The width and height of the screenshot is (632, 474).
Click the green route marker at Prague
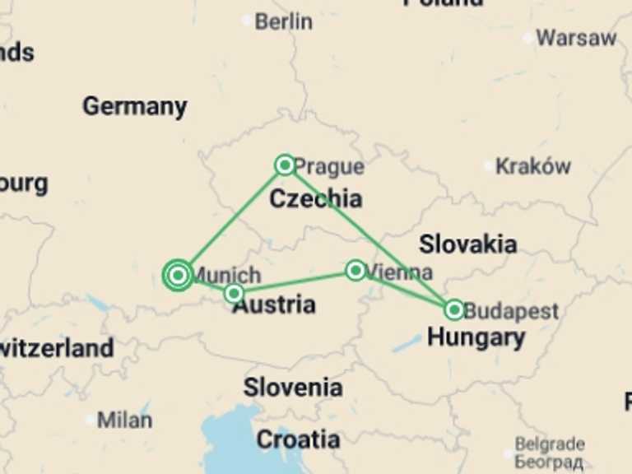[x=285, y=165]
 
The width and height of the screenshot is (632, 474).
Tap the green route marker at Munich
[x=178, y=275]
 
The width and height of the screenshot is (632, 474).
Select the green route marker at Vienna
[x=355, y=270]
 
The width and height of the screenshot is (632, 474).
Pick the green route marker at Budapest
[x=454, y=309]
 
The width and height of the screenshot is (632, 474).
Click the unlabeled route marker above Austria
[x=234, y=293]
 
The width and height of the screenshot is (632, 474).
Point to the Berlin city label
[x=283, y=21]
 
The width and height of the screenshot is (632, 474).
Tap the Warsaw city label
[x=576, y=38]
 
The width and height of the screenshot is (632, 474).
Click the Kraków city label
[x=533, y=166]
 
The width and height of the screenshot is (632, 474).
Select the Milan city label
[x=124, y=420]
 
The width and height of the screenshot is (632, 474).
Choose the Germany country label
[x=134, y=106]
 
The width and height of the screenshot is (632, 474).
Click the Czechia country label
[x=316, y=198]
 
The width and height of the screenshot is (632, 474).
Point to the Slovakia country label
[x=468, y=244]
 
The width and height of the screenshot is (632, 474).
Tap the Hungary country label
[x=476, y=337]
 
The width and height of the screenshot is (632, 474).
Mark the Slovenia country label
[x=292, y=386]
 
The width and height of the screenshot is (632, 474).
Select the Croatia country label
[x=298, y=439]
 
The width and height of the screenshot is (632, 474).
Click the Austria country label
[x=274, y=304]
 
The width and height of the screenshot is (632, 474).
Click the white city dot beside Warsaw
[x=527, y=38]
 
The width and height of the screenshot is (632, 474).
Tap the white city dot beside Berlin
[x=246, y=21]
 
